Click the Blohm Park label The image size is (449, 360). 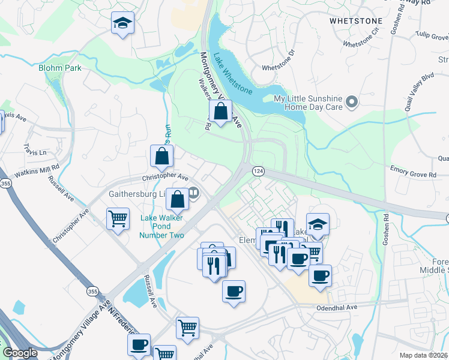click(x=59, y=68)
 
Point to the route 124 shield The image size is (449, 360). click(x=258, y=171)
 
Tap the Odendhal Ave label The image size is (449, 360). click(x=337, y=307)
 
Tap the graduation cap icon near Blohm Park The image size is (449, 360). click(x=122, y=24)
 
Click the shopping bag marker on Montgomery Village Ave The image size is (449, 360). click(x=221, y=111)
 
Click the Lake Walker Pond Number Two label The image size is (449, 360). click(x=161, y=226)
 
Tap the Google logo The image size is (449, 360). click(x=20, y=353)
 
